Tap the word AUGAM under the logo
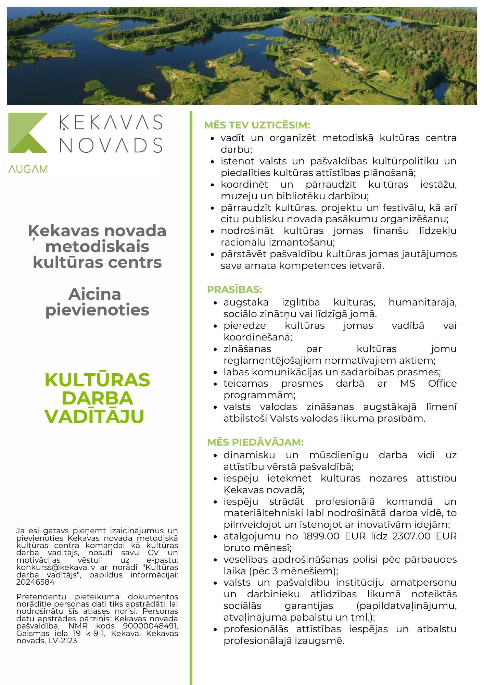pos(28,169)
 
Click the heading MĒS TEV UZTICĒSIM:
pos(257,125)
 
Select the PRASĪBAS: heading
pos(234,289)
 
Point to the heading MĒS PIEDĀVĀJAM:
pos(255,442)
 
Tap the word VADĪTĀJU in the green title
pos(94,416)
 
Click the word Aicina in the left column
pos(95,294)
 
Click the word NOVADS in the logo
pos(111,145)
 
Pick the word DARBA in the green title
pos(97,398)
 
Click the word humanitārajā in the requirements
pos(422,302)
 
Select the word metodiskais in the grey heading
pos(97,247)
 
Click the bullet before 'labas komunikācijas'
pos(215,372)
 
